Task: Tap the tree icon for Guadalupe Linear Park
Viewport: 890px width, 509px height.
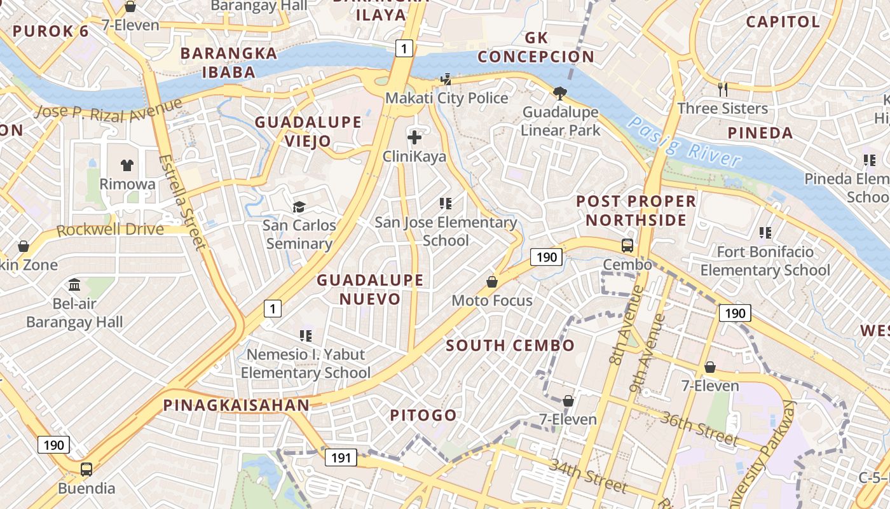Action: [x=560, y=94]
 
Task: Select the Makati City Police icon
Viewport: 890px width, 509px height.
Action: [x=446, y=80]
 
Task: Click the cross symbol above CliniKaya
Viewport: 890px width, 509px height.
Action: [x=414, y=137]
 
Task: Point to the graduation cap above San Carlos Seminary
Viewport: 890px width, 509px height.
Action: [x=299, y=207]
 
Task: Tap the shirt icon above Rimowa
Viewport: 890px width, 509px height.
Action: [x=127, y=165]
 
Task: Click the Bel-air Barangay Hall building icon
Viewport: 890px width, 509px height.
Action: [x=74, y=284]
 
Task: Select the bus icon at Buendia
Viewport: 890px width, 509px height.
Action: [x=86, y=470]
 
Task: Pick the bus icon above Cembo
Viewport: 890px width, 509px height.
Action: [x=627, y=245]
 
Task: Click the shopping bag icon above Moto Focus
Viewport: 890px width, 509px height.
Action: [x=492, y=281]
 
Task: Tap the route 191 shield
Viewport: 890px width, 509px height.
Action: [x=341, y=457]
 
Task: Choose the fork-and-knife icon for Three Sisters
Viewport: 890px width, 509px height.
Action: [x=723, y=89]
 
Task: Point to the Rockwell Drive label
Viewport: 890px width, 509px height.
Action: [x=110, y=230]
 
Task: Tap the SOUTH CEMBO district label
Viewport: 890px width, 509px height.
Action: [x=510, y=345]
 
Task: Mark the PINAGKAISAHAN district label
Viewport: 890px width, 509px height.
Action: [x=236, y=405]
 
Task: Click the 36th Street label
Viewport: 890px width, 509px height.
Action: [x=699, y=428]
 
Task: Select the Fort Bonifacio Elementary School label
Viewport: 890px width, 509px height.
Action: [x=765, y=261]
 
